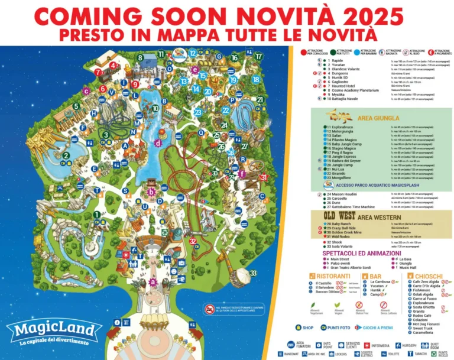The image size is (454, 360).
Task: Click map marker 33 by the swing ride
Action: pos(252,273)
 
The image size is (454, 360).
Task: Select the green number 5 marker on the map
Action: pos(76,106)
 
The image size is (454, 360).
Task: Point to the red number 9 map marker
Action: pos(135,84)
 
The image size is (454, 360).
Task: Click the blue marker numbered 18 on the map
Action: pos(256,79)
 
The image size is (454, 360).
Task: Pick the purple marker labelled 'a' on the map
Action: pos(153,281)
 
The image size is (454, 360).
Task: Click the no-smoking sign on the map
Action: pos(209,309)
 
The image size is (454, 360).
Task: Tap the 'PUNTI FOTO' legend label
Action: pos(339,327)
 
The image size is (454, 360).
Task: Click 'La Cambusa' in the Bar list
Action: pos(378,283)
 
